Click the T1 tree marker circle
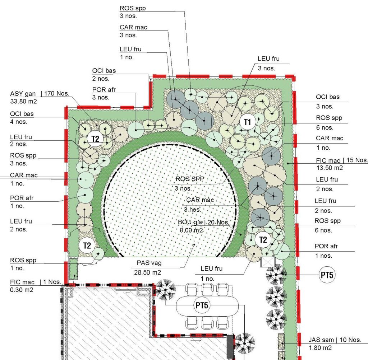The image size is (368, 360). [x=247, y=122]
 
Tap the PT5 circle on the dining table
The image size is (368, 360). [x=202, y=305]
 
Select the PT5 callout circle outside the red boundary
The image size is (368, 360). [x=327, y=275]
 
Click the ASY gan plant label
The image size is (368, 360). [x=23, y=94]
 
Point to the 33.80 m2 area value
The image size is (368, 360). [x=23, y=102]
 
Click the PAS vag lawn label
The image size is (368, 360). [x=149, y=263]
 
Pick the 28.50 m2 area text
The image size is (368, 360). [x=147, y=272]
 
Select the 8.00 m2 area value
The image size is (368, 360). [x=191, y=230]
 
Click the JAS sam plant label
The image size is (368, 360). [x=321, y=340]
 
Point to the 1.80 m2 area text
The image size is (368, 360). [x=320, y=348]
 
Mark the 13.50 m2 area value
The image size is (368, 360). [x=330, y=168]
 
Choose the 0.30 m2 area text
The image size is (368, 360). [x=22, y=290]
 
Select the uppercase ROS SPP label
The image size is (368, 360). [x=190, y=179]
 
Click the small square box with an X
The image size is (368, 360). [x=267, y=262]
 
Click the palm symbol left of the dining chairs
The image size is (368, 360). [x=165, y=290]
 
